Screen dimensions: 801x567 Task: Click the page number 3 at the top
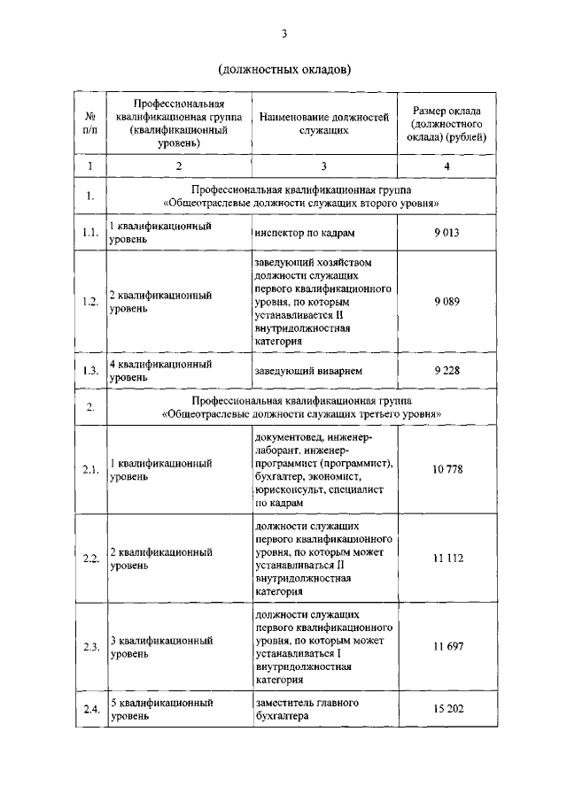[283, 35]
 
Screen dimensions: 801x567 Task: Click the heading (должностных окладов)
[283, 69]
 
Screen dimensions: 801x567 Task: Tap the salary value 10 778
[447, 468]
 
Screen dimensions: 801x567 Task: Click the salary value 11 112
[447, 558]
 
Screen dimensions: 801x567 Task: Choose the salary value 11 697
[447, 647]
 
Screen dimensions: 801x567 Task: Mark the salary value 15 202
[447, 710]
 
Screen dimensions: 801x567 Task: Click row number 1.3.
[90, 371]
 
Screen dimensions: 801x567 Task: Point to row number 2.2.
[90, 558]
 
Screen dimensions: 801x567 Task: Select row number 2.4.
[90, 710]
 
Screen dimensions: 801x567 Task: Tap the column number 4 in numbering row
[447, 166]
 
